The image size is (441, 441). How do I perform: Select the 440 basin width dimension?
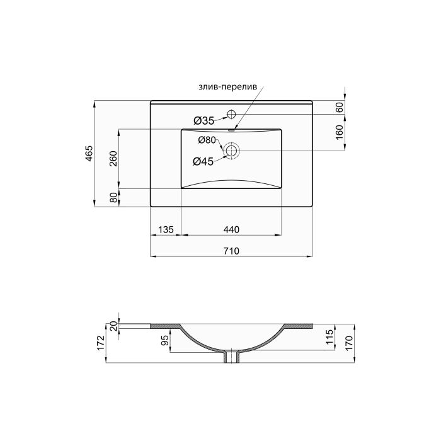[232, 230]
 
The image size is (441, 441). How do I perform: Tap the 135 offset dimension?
[165, 230]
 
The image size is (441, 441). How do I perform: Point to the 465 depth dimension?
[89, 153]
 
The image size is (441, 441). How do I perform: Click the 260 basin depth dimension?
[114, 159]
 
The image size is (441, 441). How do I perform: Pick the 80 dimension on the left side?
[114, 198]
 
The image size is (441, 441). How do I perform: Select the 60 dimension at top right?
[340, 107]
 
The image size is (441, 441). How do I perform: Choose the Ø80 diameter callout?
[207, 140]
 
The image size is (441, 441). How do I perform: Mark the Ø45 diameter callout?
[203, 161]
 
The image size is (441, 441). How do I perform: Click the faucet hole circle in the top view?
[231, 114]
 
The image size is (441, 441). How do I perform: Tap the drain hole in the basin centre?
[232, 151]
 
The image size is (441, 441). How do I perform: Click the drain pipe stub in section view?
[232, 357]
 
